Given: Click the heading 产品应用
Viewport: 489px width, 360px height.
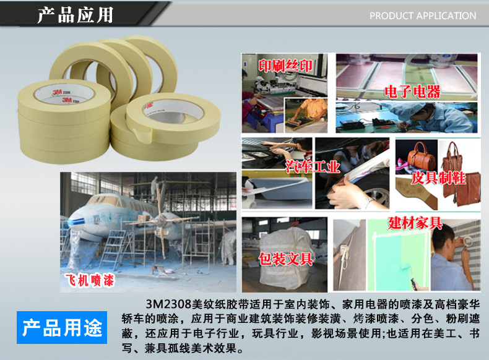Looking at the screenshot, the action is click(x=75, y=15).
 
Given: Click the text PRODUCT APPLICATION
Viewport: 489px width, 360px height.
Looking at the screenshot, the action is click(x=423, y=16).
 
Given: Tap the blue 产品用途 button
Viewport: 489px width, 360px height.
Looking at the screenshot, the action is click(x=62, y=327).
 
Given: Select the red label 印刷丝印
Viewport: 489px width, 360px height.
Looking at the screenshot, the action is click(x=285, y=66).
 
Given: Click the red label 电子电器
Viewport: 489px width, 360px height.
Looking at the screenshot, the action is click(x=412, y=92).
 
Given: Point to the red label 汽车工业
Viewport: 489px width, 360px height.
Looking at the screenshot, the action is click(x=313, y=166).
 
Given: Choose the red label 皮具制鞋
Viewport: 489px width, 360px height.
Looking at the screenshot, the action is click(x=438, y=178).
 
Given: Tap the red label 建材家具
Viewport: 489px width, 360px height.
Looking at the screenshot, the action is click(x=415, y=223).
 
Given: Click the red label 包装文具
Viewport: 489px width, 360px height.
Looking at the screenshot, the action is click(x=286, y=259).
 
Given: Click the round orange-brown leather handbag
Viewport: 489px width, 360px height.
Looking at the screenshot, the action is click(x=421, y=156).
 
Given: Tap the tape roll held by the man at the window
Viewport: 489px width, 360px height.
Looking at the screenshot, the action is click(x=467, y=241).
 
